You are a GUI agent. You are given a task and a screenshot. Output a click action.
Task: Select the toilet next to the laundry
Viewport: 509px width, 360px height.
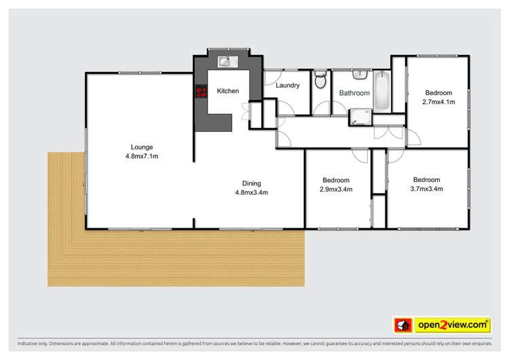(x=321, y=82)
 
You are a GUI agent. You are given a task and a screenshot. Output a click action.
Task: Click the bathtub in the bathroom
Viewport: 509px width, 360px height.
(x=381, y=90)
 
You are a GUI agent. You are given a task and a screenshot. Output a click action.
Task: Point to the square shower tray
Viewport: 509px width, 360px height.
(x=360, y=118)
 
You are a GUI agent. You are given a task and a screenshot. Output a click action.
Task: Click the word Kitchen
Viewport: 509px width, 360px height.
(x=227, y=90)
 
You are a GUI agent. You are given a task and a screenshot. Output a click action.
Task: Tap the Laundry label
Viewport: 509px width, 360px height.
(x=288, y=86)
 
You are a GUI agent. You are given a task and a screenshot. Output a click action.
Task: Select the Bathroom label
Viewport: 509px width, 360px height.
(x=354, y=93)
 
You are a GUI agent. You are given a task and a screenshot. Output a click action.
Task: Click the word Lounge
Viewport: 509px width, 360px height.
(x=142, y=147)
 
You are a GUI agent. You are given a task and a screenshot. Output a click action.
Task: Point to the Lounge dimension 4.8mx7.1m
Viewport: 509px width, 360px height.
(x=142, y=156)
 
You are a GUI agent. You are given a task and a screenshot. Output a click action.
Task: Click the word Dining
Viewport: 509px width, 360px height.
(x=251, y=183)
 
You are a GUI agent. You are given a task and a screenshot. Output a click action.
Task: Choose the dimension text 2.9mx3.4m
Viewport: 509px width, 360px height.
(x=335, y=190)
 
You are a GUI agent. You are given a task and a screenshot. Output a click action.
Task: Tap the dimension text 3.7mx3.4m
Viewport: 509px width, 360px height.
(x=428, y=189)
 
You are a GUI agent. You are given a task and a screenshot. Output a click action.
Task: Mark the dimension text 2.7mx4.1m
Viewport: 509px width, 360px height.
(x=438, y=102)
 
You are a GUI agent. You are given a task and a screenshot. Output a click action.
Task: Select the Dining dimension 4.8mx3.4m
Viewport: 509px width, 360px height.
(x=251, y=192)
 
